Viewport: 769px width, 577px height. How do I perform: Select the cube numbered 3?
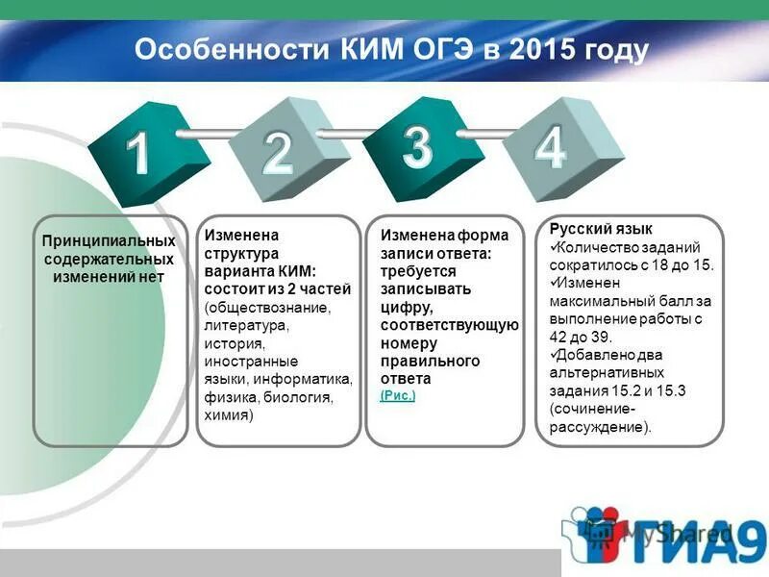tap(417, 146)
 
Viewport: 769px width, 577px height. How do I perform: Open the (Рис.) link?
tap(398, 395)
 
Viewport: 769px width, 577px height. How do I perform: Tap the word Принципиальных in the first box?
tap(108, 240)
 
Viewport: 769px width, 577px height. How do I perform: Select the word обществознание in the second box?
tap(267, 309)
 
